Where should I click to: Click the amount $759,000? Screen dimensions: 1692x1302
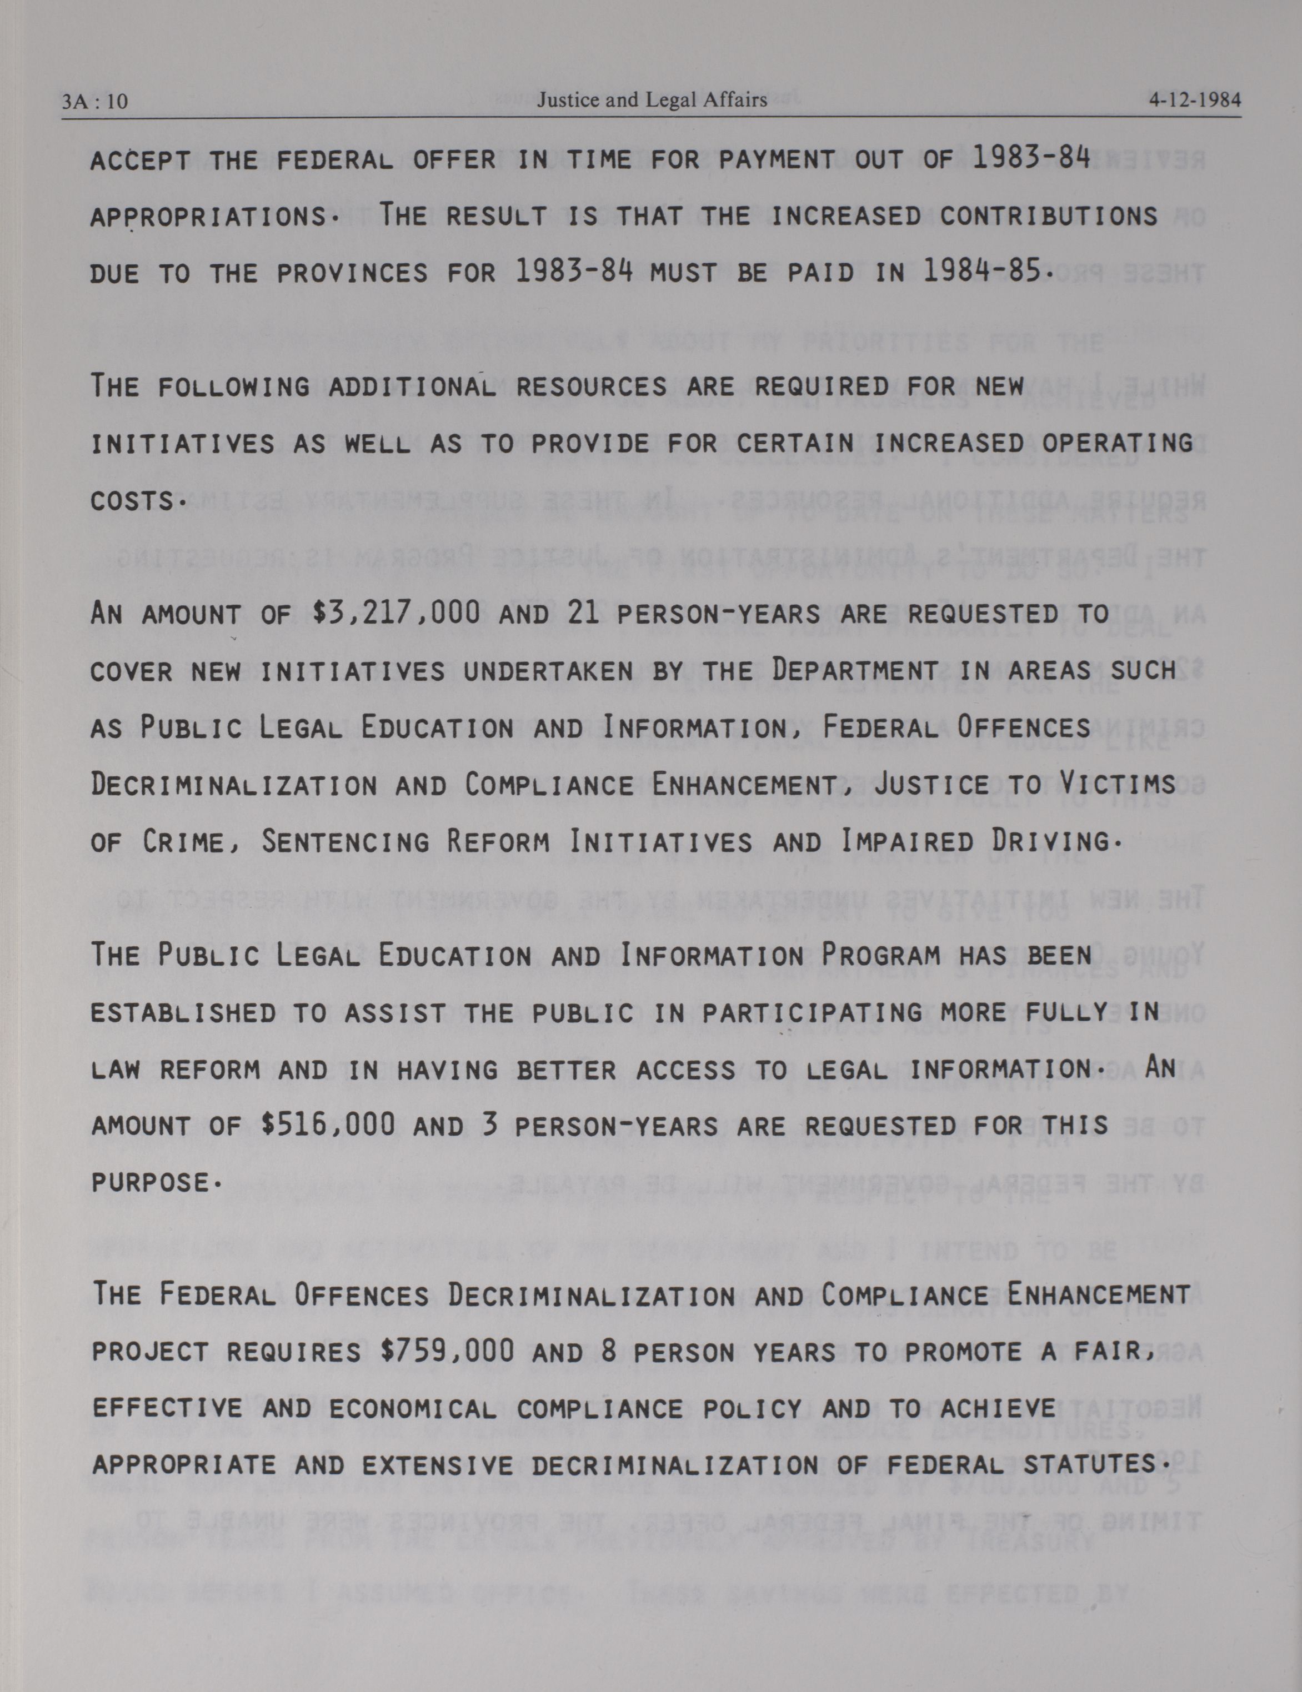coord(447,1352)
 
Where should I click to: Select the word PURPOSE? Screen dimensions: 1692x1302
coord(155,1183)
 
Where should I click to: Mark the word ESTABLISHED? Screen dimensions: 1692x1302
coord(183,1012)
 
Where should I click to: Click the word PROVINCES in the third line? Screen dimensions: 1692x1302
coord(353,273)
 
